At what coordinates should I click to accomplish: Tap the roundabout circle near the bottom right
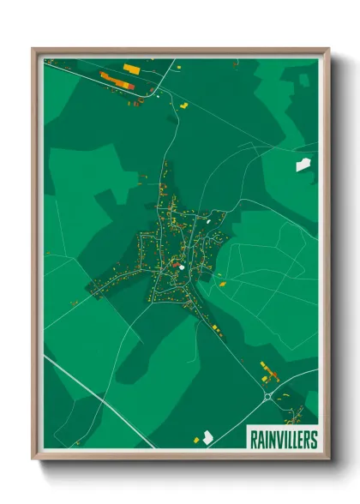click(x=269, y=396)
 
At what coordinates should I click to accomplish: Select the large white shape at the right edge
click(x=303, y=165)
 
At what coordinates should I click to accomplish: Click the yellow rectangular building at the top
click(x=131, y=68)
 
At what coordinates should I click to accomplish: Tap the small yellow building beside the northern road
click(x=183, y=105)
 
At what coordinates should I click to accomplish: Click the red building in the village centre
click(x=175, y=266)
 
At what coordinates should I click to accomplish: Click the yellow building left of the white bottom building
click(x=196, y=441)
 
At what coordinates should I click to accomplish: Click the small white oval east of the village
click(x=210, y=226)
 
